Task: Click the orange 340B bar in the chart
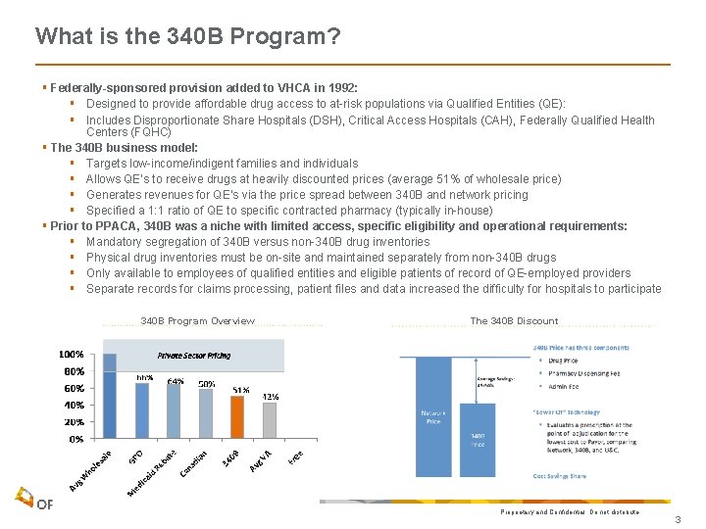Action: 236,417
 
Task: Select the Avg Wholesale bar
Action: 110,396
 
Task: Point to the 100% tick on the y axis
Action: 70,354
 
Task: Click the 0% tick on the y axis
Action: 75,439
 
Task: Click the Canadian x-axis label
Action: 194,463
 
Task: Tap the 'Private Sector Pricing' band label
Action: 194,356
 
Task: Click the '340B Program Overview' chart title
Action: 197,321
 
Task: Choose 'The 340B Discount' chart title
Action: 514,321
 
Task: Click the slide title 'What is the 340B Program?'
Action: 188,37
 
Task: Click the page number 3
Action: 678,519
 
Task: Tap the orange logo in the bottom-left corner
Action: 24,499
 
